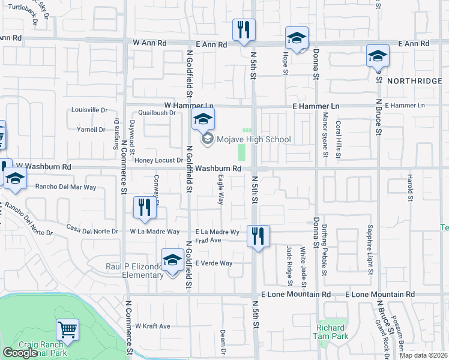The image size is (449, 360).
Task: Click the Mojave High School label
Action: click(x=253, y=140)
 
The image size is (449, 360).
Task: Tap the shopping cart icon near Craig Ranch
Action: click(x=67, y=329)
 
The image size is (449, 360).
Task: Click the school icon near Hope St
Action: click(x=297, y=38)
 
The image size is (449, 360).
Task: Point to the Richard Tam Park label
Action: click(x=331, y=332)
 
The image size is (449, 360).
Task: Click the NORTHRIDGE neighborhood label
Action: click(x=414, y=80)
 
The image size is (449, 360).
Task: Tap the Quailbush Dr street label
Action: click(x=156, y=112)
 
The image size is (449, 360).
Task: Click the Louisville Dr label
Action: click(x=89, y=110)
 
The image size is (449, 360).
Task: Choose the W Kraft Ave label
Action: click(x=152, y=326)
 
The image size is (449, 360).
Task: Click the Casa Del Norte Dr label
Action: click(x=92, y=230)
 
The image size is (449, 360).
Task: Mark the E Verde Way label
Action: click(x=214, y=263)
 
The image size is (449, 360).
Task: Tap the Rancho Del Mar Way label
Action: click(x=65, y=187)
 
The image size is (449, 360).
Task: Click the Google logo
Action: click(x=20, y=353)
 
